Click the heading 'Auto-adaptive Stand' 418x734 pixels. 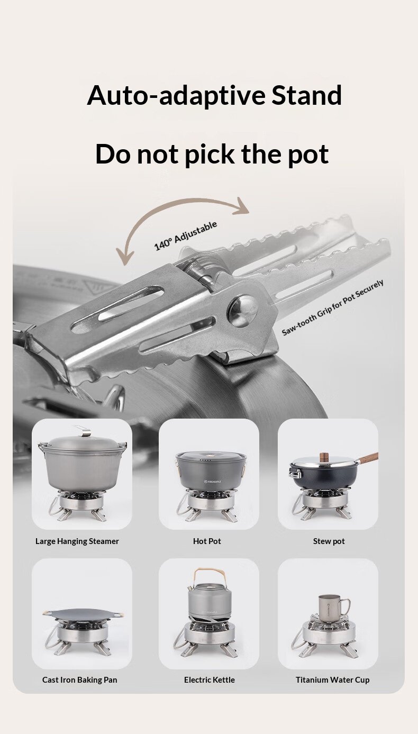point(214,95)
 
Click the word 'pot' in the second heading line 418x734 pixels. point(307,154)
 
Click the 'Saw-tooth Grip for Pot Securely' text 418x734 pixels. point(333,307)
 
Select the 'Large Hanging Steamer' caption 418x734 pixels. point(77,541)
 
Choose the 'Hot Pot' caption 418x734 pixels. point(207,541)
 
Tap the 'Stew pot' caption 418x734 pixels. point(329,541)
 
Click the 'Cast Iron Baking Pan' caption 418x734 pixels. point(80,680)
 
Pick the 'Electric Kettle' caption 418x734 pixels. point(210,680)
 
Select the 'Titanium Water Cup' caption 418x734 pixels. point(333,680)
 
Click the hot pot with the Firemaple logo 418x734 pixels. point(210,471)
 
